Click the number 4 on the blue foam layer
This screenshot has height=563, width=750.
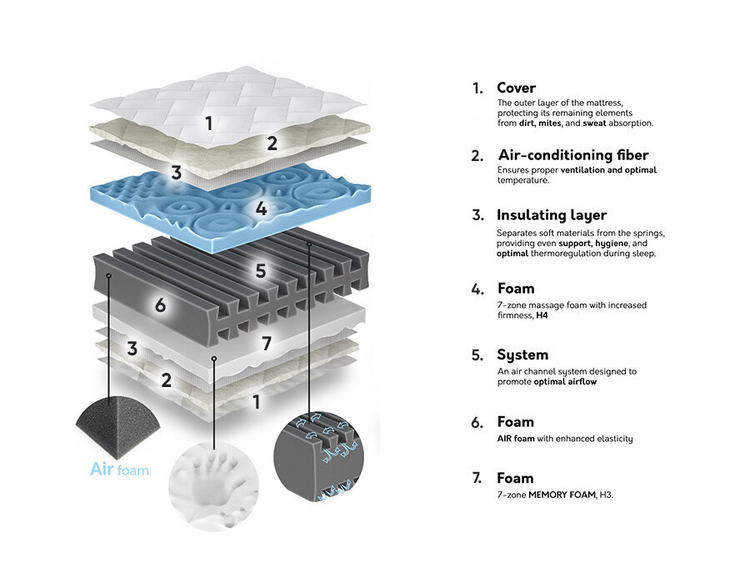(x=261, y=209)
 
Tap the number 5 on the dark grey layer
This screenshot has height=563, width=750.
(x=261, y=270)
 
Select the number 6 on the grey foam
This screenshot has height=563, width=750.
(x=160, y=305)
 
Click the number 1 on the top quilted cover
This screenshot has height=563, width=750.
(x=208, y=123)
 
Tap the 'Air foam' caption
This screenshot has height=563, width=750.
(x=119, y=470)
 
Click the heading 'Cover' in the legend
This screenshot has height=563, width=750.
(x=516, y=88)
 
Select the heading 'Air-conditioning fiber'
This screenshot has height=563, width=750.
(x=572, y=155)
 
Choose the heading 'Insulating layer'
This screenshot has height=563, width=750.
(x=551, y=215)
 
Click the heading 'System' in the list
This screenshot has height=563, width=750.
(x=522, y=354)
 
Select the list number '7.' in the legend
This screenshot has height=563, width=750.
(x=477, y=479)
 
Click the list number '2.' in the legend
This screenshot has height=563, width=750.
(x=477, y=156)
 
